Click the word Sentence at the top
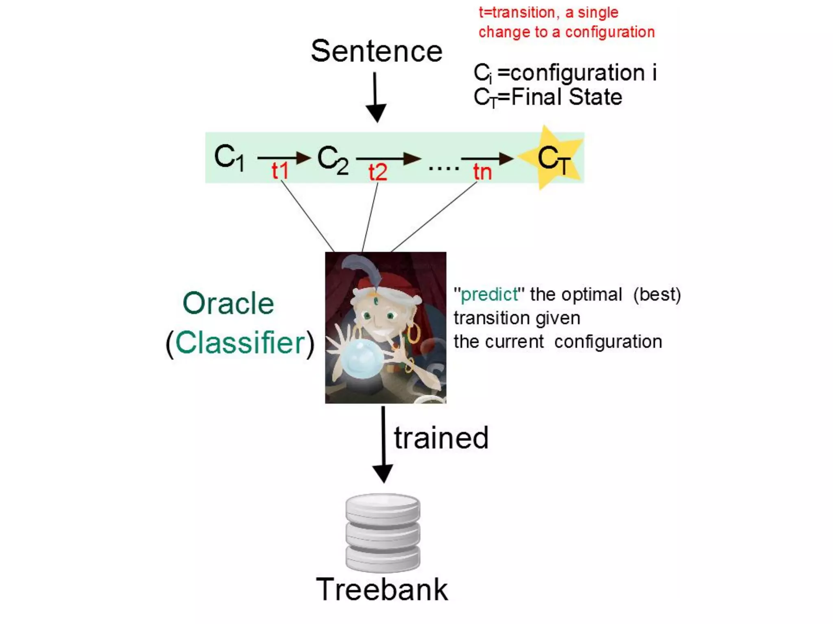(x=376, y=52)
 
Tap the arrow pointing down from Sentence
(x=375, y=97)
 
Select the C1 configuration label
(x=229, y=158)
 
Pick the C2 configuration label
(x=333, y=160)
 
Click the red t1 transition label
(x=280, y=171)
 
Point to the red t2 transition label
(x=377, y=172)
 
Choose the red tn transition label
(x=482, y=172)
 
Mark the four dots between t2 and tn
(x=444, y=167)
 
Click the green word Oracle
(x=228, y=303)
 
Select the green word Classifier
(x=240, y=342)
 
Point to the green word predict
(x=489, y=294)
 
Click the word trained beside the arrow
(x=441, y=438)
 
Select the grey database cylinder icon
(x=383, y=532)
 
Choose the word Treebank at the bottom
(x=382, y=589)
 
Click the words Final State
(x=567, y=97)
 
